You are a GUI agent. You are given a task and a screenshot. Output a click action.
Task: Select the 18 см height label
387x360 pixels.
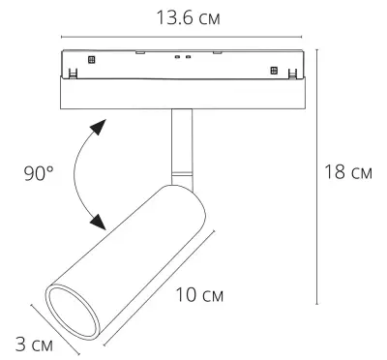point(349,174)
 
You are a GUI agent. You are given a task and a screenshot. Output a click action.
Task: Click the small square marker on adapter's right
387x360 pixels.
point(274,70)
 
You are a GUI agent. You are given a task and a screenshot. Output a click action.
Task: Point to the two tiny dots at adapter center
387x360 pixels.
point(180,57)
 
